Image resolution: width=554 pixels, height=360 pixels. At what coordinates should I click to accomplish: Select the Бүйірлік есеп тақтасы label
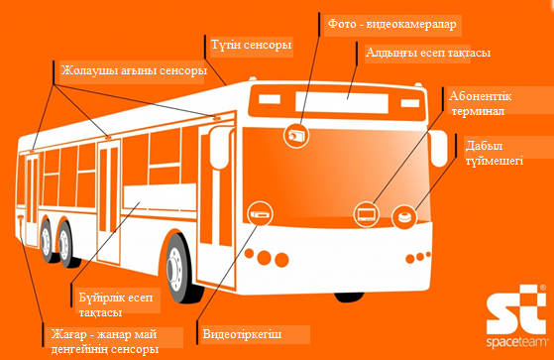pyautogui.click(x=108, y=304)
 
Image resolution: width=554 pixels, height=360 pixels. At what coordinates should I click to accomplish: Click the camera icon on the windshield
pyautogui.click(x=296, y=133)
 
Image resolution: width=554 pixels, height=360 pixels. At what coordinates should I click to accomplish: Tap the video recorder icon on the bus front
pyautogui.click(x=260, y=213)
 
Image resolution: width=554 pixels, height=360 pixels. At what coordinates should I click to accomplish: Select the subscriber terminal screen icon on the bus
pyautogui.click(x=365, y=212)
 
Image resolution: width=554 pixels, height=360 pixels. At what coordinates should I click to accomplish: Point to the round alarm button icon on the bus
pyautogui.click(x=405, y=212)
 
